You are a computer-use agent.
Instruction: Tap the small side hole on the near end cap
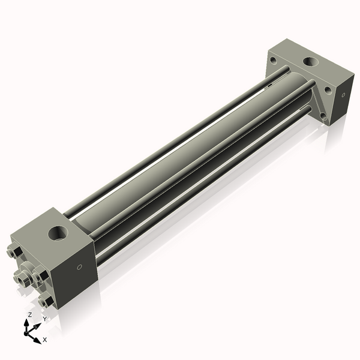tap(78, 268)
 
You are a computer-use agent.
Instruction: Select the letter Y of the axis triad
tap(44, 319)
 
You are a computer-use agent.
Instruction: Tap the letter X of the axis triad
tap(45, 340)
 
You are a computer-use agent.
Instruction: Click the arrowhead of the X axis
tap(38, 337)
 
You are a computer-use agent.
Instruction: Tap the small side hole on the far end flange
tap(343, 94)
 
